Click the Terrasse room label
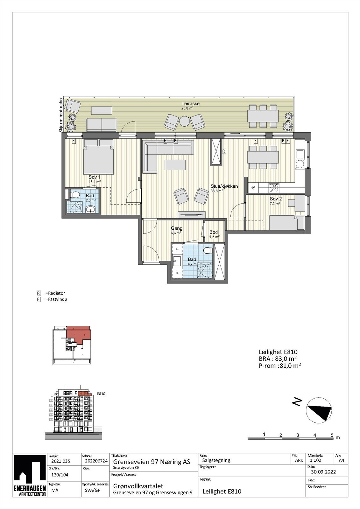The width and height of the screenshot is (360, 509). [x=190, y=104]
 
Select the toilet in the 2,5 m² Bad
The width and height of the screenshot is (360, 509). [x=76, y=194]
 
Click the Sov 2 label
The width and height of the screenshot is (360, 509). [x=276, y=199]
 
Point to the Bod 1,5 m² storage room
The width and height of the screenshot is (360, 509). [x=214, y=234]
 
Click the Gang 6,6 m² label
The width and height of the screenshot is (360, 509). [x=177, y=228]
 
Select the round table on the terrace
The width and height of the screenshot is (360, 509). [x=185, y=121]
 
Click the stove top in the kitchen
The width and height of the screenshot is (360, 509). [x=274, y=187]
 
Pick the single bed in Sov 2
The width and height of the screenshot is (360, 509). [x=286, y=223]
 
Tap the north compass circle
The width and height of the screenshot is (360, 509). [x=318, y=410]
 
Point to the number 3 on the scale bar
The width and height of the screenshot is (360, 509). [x=298, y=435]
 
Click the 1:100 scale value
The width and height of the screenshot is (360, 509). [x=315, y=460]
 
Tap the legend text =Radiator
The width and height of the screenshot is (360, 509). [x=55, y=293]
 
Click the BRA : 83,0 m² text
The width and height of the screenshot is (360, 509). [x=278, y=359]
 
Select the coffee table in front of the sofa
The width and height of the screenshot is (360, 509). [x=175, y=165]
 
